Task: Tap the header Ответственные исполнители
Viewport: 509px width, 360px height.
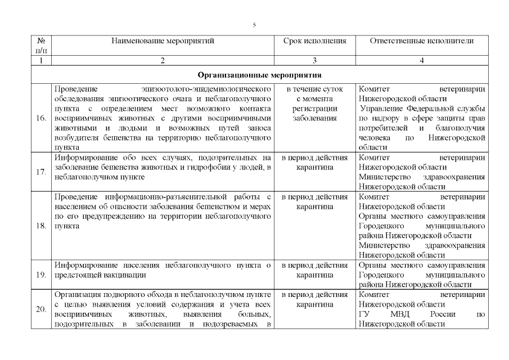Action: click(x=422, y=41)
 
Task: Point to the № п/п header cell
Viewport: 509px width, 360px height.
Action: click(x=40, y=46)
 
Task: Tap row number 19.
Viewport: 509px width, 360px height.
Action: click(x=40, y=274)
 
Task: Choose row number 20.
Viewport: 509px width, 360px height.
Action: click(x=40, y=309)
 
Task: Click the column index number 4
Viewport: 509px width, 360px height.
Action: click(x=422, y=61)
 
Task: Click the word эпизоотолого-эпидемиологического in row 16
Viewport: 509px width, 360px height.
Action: click(x=208, y=89)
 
